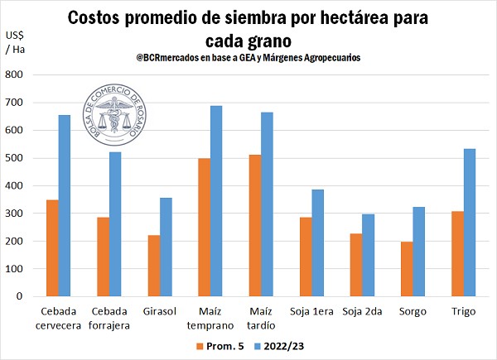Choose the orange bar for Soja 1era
(x=306, y=257)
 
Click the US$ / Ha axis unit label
(x=14, y=43)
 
